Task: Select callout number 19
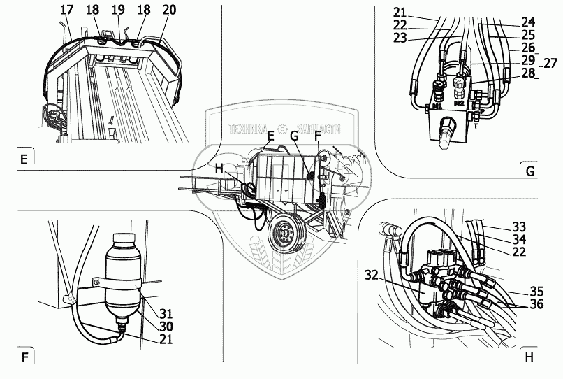(x=117, y=10)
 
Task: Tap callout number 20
(x=168, y=10)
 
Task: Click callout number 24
(x=527, y=21)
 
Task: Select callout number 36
(x=536, y=305)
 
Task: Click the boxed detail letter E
(x=24, y=159)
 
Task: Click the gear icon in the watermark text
(x=282, y=129)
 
